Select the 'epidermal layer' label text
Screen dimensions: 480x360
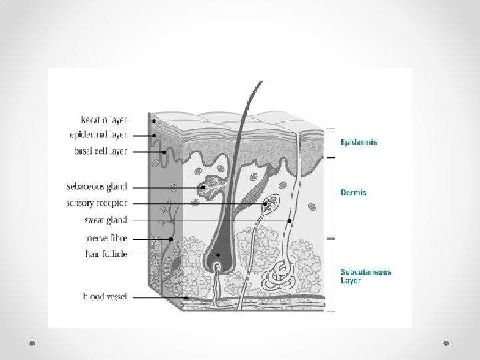click(x=98, y=135)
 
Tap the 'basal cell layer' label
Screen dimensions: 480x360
click(x=101, y=151)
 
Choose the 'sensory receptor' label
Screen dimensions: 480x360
click(x=97, y=203)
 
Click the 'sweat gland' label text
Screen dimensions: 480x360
click(x=107, y=220)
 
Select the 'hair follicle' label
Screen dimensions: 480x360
click(x=106, y=254)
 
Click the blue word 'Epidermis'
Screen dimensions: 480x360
click(x=359, y=142)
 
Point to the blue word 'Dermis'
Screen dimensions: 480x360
click(x=353, y=193)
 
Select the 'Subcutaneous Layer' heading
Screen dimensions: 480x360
click(x=366, y=276)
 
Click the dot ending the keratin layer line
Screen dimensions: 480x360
click(x=153, y=121)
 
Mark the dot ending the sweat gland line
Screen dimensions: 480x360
click(x=290, y=220)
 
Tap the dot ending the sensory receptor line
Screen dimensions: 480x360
click(x=265, y=203)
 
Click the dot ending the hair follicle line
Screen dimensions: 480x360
click(x=218, y=255)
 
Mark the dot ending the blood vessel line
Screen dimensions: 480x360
click(x=186, y=298)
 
